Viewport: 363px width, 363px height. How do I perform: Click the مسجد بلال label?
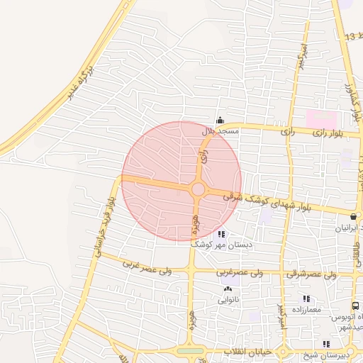tap(221, 131)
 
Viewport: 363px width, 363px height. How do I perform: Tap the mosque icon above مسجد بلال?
tap(220, 120)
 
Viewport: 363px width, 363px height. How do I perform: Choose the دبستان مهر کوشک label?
tap(220, 245)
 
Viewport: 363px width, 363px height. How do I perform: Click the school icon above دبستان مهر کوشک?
tap(221, 234)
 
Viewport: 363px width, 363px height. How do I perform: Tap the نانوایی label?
tap(228, 299)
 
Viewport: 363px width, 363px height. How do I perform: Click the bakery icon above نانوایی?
tap(228, 289)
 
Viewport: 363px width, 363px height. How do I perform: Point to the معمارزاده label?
tap(306, 310)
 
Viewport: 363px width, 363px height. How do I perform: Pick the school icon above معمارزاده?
tap(306, 298)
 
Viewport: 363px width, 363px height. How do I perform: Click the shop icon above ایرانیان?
tap(353, 215)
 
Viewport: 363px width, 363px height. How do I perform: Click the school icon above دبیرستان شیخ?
tap(325, 343)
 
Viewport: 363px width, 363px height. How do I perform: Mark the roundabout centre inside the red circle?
tap(198, 189)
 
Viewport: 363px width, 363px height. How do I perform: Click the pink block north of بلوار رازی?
tap(318, 117)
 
